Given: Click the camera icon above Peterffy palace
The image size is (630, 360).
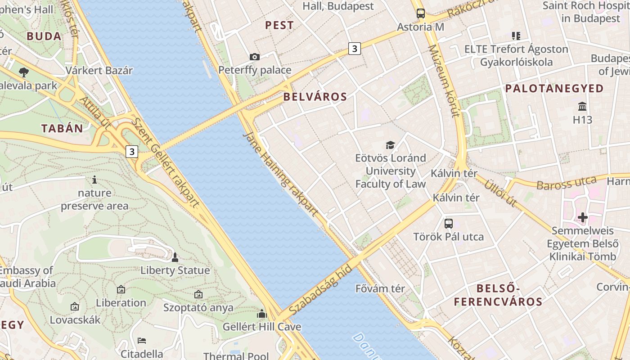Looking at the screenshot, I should click(255, 57).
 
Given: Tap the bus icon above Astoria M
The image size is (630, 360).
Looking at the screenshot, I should click(420, 13).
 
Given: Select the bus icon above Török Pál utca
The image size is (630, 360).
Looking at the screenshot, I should click(449, 223).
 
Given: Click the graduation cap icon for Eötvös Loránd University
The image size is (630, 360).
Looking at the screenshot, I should click(390, 145).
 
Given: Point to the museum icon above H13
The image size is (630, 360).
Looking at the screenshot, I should click(582, 107).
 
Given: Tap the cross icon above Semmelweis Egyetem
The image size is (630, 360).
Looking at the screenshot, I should click(583, 218).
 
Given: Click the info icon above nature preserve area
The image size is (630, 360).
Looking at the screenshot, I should click(94, 180).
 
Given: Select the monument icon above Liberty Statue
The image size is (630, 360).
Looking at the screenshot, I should click(175, 257).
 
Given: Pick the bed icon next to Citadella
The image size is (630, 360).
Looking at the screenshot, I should click(142, 340).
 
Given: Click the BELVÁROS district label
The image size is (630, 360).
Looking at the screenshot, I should click(315, 97).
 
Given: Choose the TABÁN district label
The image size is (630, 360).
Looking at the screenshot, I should click(63, 129).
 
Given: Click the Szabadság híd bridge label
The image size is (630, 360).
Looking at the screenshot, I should click(320, 290).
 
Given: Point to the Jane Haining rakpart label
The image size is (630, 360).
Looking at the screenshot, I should click(280, 173).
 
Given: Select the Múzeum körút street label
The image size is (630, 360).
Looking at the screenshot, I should click(443, 81).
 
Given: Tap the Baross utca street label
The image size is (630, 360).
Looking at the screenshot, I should click(566, 183).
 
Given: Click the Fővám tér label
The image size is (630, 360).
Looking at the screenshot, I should click(380, 288).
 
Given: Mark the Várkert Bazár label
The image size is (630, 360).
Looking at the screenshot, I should click(99, 71).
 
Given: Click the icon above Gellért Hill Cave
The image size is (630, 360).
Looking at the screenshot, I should click(262, 314).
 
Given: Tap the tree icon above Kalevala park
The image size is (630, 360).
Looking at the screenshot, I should click(24, 72).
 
